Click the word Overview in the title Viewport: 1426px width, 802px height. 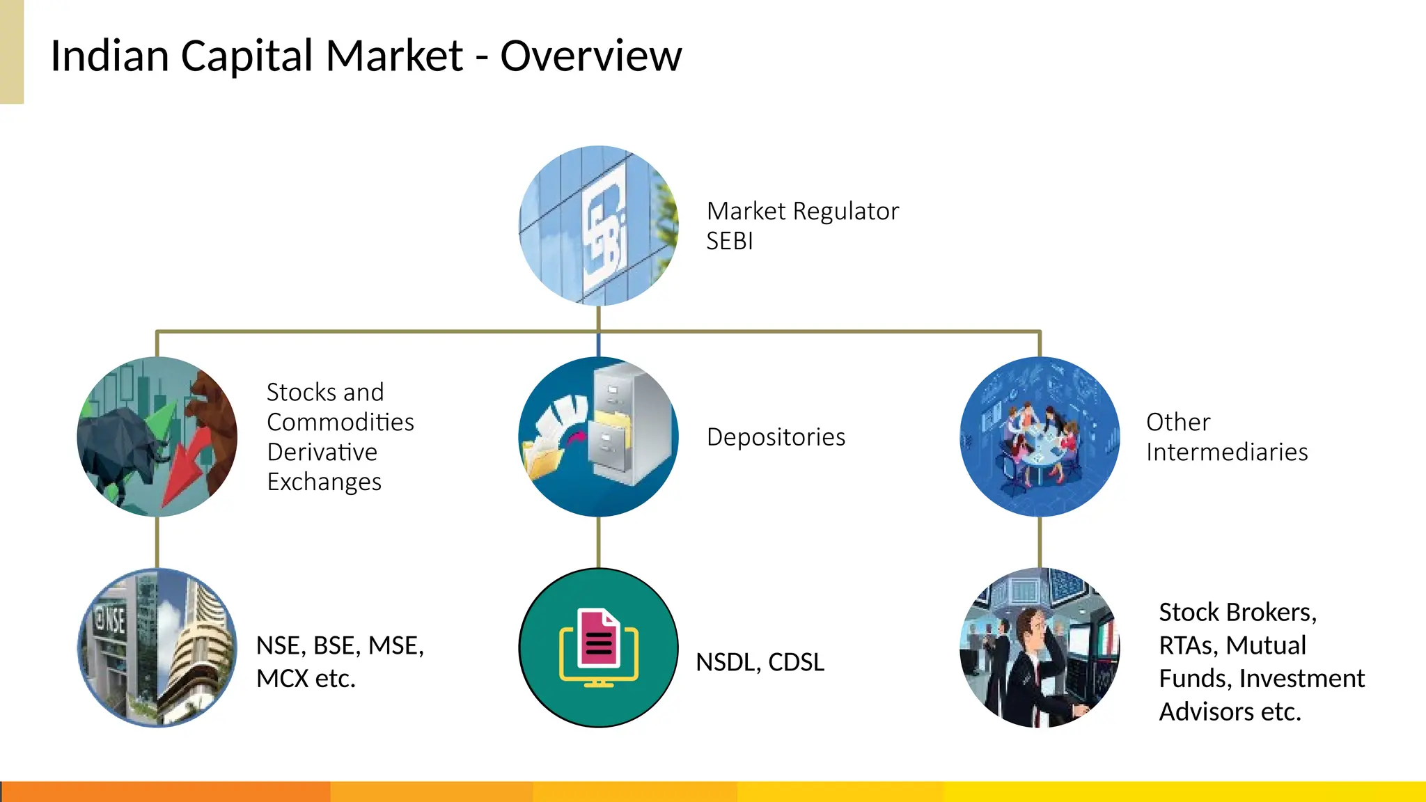[x=590, y=56]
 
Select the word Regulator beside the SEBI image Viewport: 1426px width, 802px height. [x=845, y=211]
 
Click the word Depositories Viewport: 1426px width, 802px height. [x=776, y=437]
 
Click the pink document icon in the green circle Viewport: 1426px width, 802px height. [x=599, y=639]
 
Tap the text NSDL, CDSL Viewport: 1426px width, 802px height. [x=760, y=662]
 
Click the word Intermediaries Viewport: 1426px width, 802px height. [x=1227, y=453]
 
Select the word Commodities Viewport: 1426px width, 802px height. [x=340, y=423]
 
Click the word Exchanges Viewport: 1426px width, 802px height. [x=324, y=482]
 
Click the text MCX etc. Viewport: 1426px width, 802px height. [x=306, y=679]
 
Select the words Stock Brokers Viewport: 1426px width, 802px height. [x=1237, y=613]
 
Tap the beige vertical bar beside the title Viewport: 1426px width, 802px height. [x=12, y=52]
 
